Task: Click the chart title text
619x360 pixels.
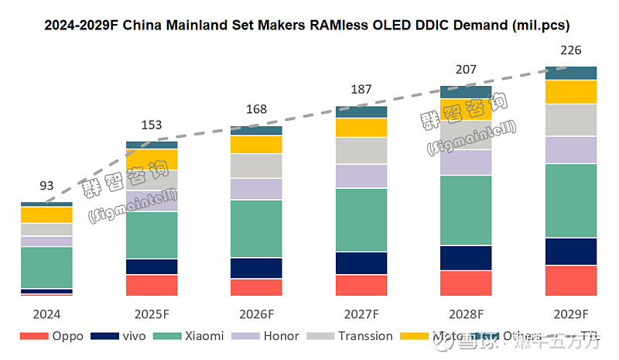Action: [306, 26]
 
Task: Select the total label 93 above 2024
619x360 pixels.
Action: [46, 186]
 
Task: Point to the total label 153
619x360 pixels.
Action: [152, 125]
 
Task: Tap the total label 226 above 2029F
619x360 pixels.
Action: [571, 51]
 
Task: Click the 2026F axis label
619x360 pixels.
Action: [256, 314]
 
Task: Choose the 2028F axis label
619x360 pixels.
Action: [466, 314]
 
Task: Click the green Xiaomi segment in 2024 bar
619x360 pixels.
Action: [46, 267]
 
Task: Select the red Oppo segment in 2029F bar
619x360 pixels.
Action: [571, 280]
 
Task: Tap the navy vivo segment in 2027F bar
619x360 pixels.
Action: [361, 263]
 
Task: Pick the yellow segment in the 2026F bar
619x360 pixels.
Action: [256, 144]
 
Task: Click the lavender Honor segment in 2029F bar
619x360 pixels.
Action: [571, 149]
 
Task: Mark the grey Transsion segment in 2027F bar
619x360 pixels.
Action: [361, 150]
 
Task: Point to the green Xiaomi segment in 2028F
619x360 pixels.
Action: [466, 210]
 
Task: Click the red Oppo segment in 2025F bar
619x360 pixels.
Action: [152, 285]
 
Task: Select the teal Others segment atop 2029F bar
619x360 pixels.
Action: [571, 73]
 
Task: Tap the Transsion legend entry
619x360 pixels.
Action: [351, 336]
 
